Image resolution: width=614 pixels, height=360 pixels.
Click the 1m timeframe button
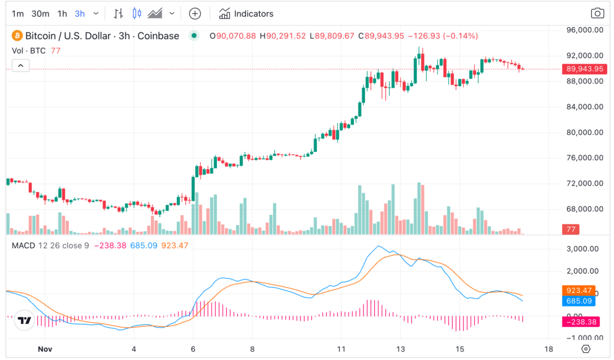(18, 13)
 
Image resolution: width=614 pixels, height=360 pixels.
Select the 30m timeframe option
(40, 13)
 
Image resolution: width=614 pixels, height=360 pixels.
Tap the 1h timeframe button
(62, 13)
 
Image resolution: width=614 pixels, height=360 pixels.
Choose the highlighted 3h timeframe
(80, 13)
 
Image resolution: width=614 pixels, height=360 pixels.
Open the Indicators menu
(246, 13)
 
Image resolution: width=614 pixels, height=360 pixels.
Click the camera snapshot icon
(597, 13)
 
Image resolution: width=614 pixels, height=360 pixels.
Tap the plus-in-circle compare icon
(195, 13)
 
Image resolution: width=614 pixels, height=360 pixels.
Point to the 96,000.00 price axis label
(585, 30)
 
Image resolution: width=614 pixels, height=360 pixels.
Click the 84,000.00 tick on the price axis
(585, 107)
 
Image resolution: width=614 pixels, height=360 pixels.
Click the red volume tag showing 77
(570, 229)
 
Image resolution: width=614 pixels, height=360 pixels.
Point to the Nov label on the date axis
(45, 349)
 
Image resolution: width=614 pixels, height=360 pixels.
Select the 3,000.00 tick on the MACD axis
(585, 248)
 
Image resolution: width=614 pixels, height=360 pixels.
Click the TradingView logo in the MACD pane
(24, 321)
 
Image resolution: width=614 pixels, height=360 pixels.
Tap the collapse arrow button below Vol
(20, 65)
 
